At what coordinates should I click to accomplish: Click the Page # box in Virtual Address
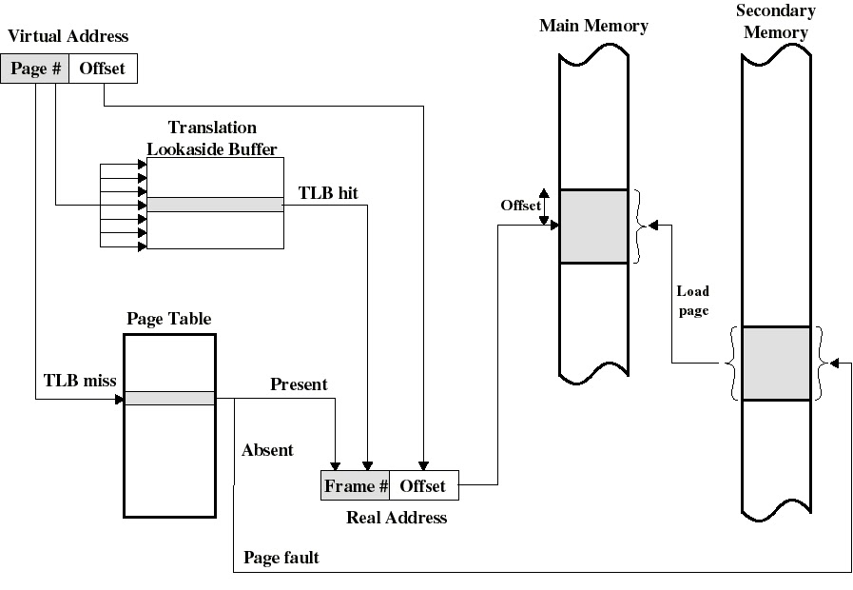35,69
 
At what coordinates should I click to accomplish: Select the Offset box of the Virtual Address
103,69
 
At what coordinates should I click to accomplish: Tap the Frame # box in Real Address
356,485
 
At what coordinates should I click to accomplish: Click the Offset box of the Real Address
423,485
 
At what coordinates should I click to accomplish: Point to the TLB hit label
328,192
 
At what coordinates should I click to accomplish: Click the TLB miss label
80,381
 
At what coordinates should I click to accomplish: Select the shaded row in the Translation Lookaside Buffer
215,204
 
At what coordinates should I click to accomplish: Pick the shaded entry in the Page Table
170,398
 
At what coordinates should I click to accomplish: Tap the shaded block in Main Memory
593,226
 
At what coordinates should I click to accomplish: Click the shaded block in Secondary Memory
776,363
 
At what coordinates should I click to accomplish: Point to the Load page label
692,301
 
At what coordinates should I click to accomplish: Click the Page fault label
281,558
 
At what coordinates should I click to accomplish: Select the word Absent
267,450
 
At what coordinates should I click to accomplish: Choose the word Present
299,384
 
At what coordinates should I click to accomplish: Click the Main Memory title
593,26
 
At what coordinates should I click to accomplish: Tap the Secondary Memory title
775,21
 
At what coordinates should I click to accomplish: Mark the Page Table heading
169,320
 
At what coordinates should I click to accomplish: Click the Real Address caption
397,518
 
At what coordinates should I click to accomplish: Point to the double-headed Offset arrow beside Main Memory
544,206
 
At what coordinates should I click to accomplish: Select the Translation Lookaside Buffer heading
212,138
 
